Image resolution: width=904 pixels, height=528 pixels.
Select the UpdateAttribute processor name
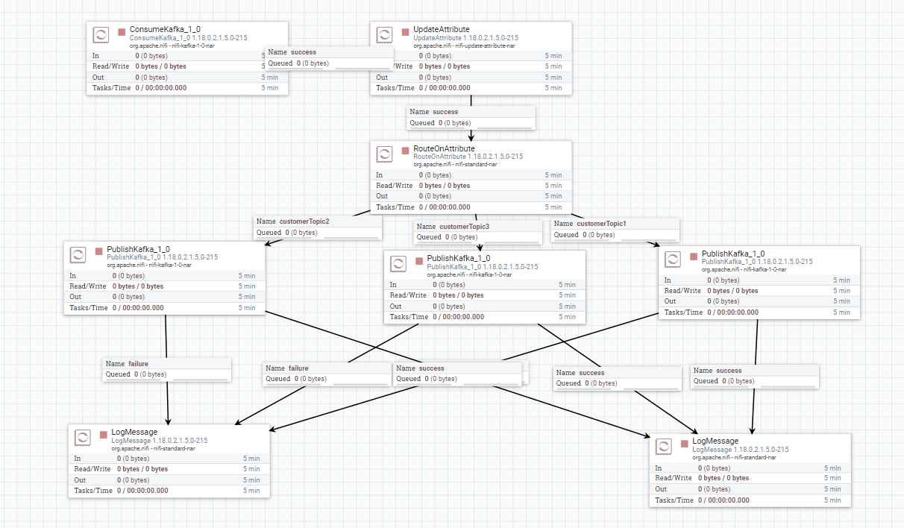click(442, 29)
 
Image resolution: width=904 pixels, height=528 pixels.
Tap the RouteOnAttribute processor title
click(444, 148)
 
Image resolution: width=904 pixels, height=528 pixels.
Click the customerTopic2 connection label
click(304, 221)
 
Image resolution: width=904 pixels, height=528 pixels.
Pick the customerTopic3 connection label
click(464, 227)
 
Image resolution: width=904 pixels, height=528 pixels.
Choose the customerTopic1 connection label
click(601, 224)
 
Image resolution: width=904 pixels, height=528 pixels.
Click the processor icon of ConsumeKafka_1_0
click(101, 35)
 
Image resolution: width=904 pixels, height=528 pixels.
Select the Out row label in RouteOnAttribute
click(382, 196)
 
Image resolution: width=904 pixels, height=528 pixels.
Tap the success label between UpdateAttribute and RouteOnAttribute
click(445, 112)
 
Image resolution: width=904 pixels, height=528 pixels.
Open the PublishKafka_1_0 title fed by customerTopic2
click(138, 249)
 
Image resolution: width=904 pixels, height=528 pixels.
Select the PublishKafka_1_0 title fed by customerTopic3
click(458, 258)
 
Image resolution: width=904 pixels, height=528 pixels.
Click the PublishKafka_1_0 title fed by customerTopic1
click(732, 254)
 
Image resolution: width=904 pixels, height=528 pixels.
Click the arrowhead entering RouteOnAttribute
click(471, 136)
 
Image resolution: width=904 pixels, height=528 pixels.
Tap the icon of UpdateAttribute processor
click(384, 35)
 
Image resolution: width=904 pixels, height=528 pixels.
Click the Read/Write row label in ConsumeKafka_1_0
click(109, 66)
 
